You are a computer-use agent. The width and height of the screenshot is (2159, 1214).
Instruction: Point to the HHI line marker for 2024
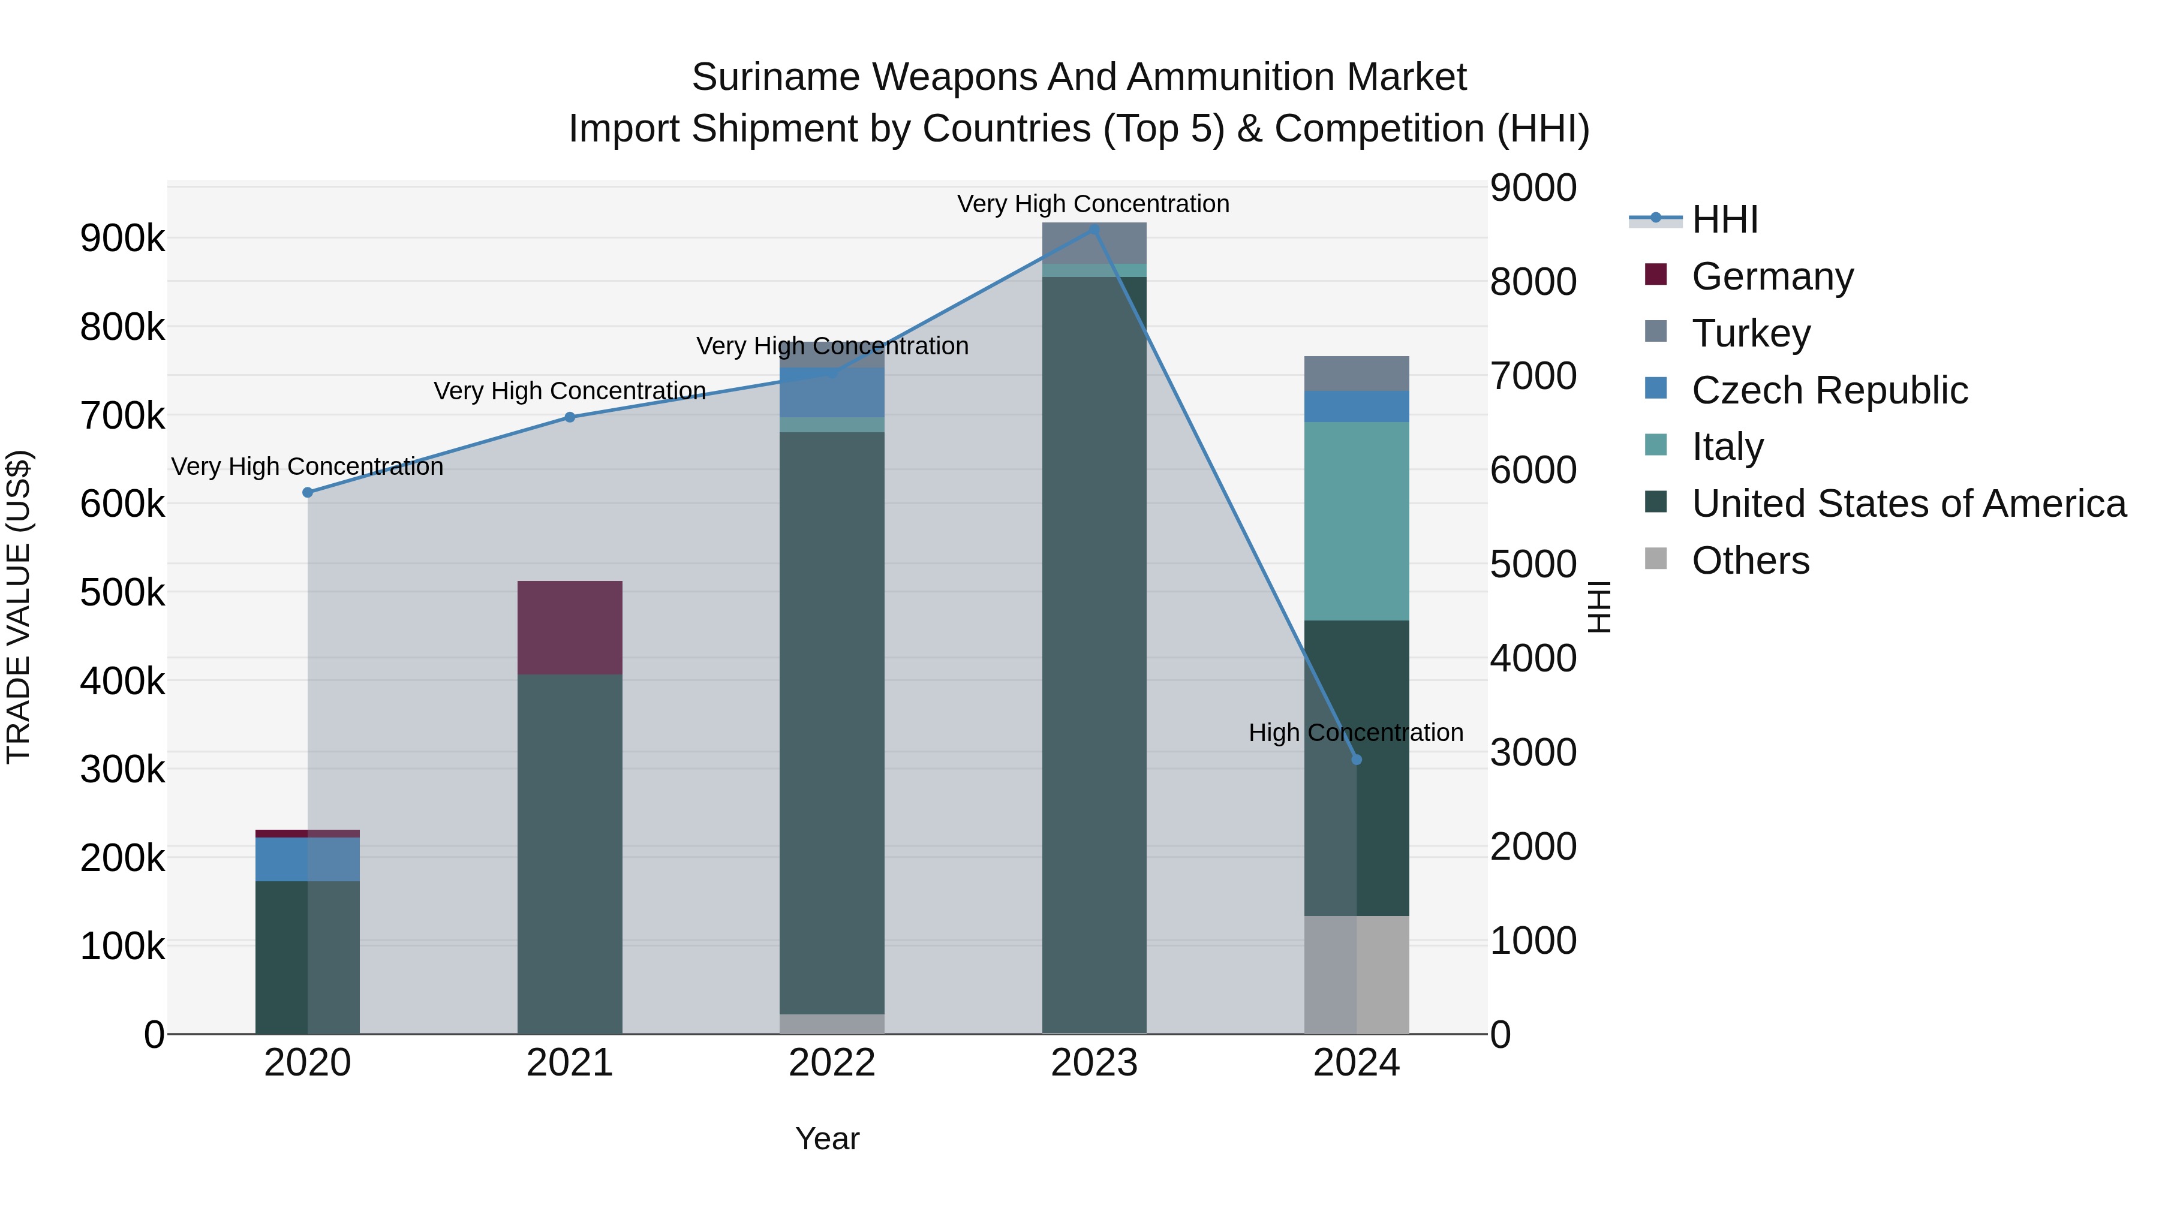1357,759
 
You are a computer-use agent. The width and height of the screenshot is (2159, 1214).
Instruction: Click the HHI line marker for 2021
570,417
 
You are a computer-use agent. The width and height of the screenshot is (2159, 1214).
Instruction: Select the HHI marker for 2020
308,492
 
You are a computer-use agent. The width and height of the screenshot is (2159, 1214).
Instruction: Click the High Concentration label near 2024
1355,732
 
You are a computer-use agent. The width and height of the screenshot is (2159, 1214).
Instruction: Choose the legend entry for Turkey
1751,333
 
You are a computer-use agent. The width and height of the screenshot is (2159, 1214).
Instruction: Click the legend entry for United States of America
1908,504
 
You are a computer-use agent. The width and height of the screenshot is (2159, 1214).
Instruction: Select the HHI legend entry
1724,219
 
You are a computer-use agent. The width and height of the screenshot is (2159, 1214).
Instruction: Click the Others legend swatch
1655,559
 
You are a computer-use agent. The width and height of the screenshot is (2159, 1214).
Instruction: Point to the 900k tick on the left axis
122,239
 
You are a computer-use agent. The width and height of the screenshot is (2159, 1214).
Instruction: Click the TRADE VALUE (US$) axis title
19,607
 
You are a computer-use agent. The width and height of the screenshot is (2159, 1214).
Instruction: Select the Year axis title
827,1138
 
